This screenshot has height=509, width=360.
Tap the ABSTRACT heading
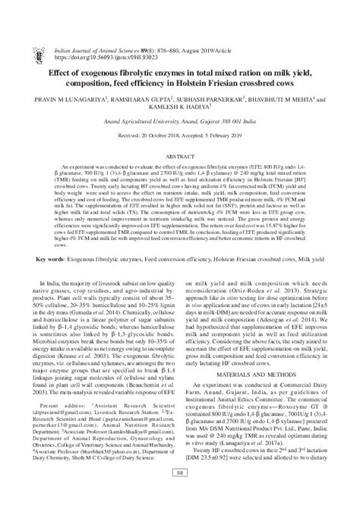click(x=180, y=128)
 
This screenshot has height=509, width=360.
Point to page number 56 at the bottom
click(x=180, y=495)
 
